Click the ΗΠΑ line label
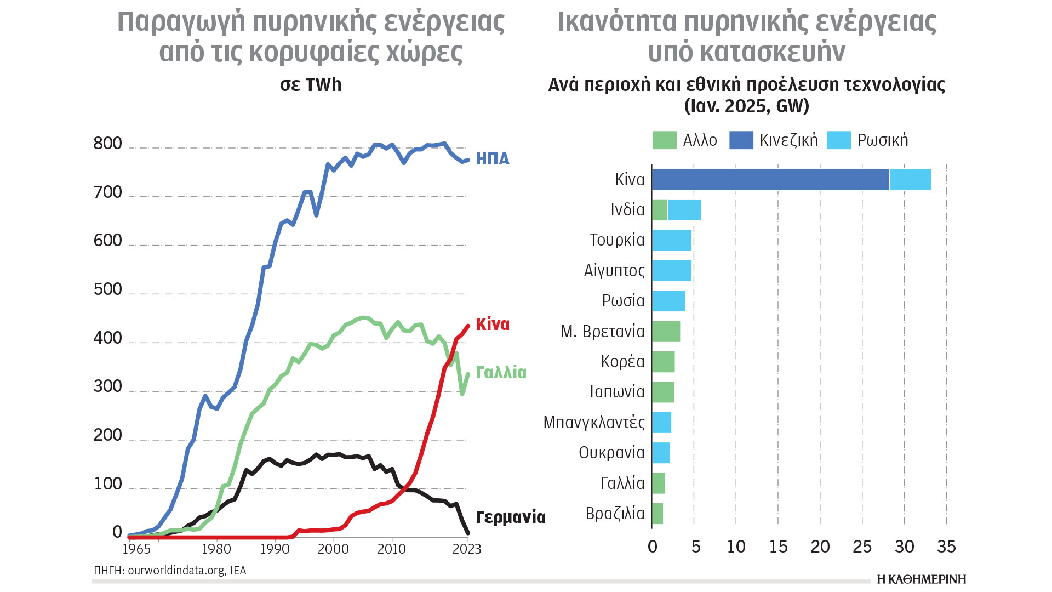coord(492,159)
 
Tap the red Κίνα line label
coord(492,325)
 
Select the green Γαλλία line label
coord(501,373)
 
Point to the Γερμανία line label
coord(510,517)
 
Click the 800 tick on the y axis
coord(107,144)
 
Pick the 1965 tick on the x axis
coord(136,549)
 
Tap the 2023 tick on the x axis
coord(467,549)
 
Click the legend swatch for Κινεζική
coord(741,140)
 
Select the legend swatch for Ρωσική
coord(838,140)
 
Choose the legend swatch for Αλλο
coord(665,140)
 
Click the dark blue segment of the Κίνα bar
coord(770,180)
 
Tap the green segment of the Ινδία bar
coord(660,210)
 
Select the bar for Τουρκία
coord(672,240)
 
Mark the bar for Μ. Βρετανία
coord(666,332)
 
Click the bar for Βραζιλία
coord(658,514)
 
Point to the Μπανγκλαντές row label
coord(594,423)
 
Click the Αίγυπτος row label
coord(614,271)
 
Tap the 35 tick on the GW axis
coord(946,547)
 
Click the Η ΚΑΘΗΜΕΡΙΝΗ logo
coord(921,579)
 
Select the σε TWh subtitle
coord(311,85)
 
